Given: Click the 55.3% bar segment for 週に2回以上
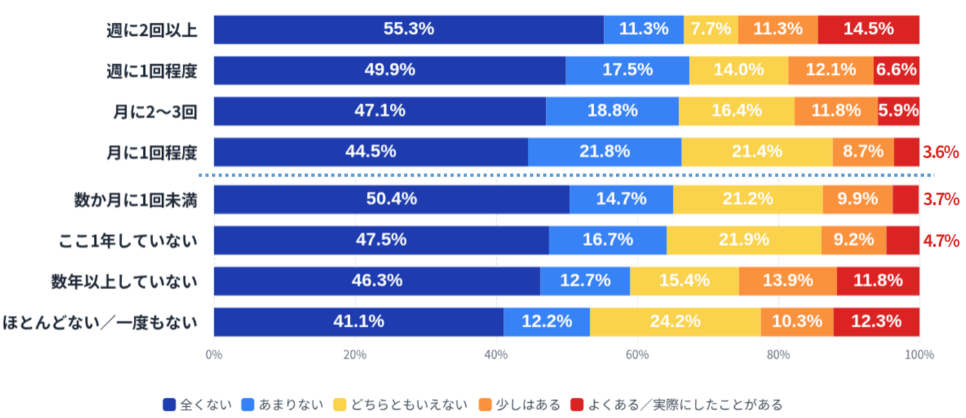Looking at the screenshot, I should [408, 30].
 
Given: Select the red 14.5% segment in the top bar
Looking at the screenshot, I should [868, 30].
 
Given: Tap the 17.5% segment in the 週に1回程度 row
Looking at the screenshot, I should [627, 70].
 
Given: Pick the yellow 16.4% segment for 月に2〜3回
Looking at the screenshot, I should [736, 111].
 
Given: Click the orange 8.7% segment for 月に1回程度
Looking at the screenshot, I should [863, 152].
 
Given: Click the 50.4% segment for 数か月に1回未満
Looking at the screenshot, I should [391, 199].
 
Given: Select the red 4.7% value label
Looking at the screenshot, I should [941, 241].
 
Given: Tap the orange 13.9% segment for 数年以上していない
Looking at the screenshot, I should [787, 281].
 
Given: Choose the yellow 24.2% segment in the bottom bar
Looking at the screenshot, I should [675, 321].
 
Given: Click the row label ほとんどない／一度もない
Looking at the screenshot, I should [101, 321].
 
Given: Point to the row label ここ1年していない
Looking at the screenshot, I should [128, 241].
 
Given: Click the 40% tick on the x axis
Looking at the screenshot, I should [496, 355].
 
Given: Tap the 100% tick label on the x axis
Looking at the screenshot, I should [920, 355].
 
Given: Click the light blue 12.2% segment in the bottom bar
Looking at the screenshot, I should [546, 321].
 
